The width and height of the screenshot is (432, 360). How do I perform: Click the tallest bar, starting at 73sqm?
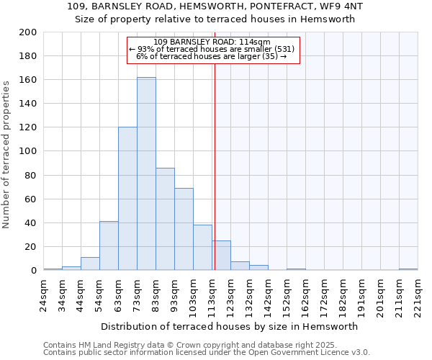[146, 174]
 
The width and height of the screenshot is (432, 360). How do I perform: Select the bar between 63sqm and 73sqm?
[127, 199]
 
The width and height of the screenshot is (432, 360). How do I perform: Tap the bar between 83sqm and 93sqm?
[165, 219]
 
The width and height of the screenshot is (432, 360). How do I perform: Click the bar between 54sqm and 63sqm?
[109, 246]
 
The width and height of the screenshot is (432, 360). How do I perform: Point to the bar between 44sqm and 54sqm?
[90, 264]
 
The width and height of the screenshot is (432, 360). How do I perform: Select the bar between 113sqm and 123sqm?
[221, 256]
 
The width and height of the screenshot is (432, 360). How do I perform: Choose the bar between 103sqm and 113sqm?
[202, 248]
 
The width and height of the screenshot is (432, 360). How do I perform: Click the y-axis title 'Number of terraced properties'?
[7, 154]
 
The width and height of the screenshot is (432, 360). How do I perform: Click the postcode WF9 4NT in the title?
[330, 6]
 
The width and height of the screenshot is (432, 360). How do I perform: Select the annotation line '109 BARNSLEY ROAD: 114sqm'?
[212, 42]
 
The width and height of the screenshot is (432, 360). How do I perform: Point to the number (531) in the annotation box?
[282, 49]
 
